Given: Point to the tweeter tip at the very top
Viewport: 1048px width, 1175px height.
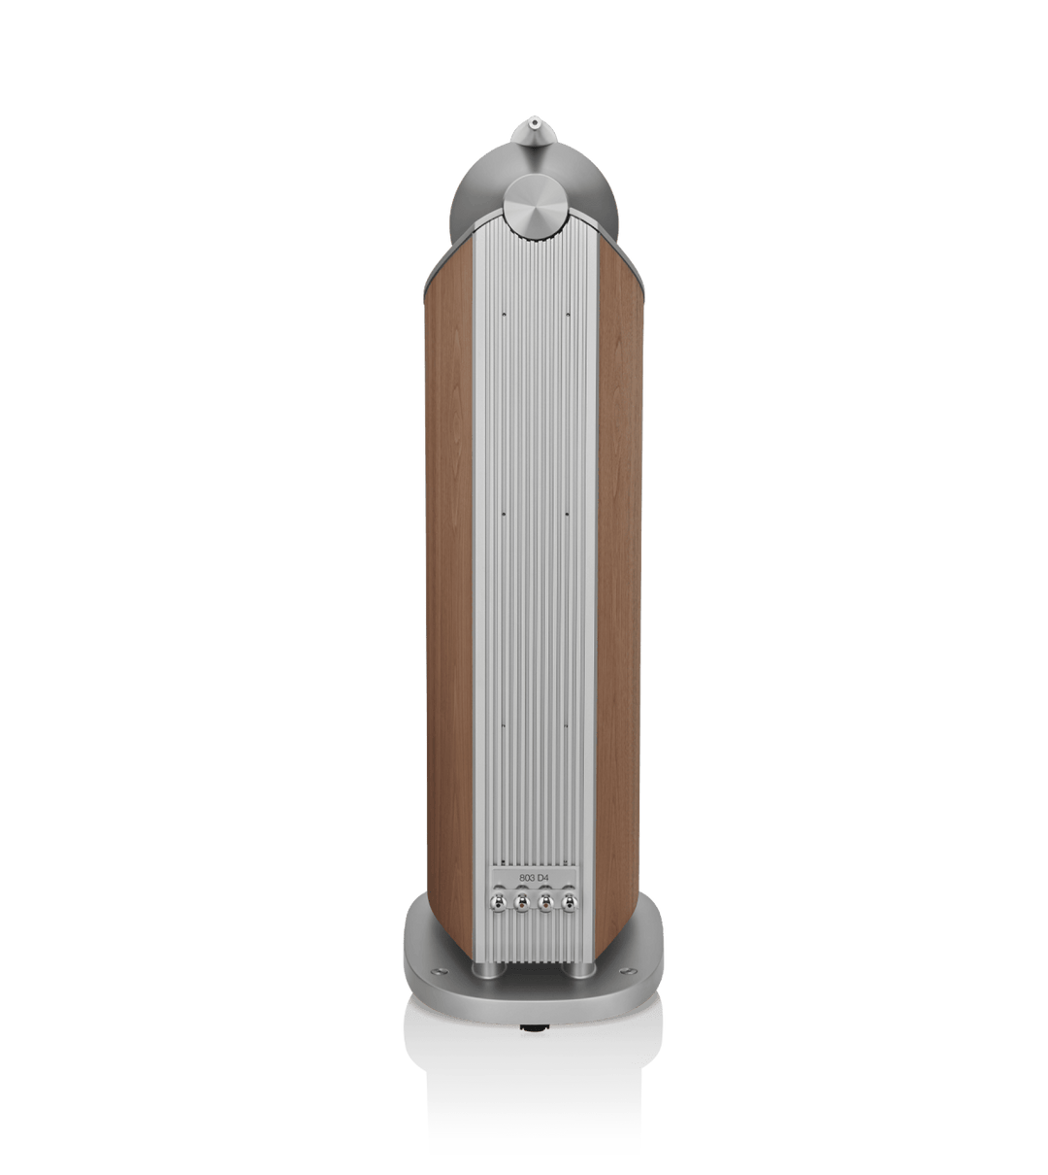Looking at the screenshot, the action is (534, 122).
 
